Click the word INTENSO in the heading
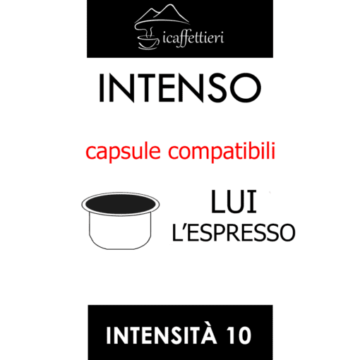180,88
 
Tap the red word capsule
123,152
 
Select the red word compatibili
222,151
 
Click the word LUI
234,202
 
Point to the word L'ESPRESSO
234,232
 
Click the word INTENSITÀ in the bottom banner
162,335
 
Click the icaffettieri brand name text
193,38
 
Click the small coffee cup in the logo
148,42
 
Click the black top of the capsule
120,204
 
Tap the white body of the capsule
120,231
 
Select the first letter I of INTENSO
102,88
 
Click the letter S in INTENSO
216,88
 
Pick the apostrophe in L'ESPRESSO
184,226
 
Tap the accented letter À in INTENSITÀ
208,334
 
